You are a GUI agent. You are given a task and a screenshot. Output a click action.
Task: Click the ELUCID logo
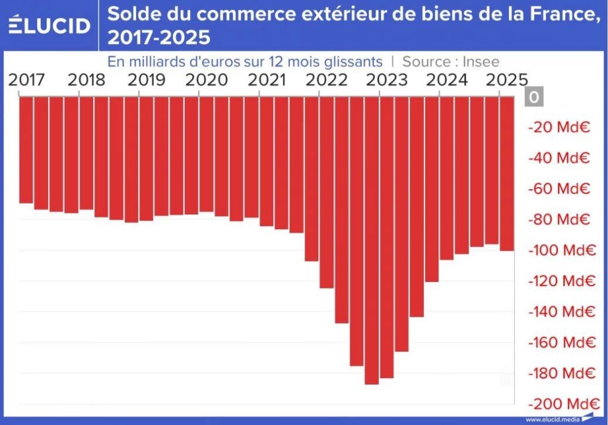[49, 25]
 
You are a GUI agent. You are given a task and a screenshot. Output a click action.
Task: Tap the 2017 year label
[26, 80]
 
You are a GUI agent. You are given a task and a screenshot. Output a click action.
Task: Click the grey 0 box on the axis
[534, 97]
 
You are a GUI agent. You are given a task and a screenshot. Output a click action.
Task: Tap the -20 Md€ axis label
[560, 127]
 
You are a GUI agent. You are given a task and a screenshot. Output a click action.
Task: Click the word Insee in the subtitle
[480, 61]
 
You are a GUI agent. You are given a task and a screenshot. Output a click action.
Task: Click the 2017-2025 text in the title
[159, 37]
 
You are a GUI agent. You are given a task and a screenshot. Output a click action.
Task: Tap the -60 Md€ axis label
[560, 189]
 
